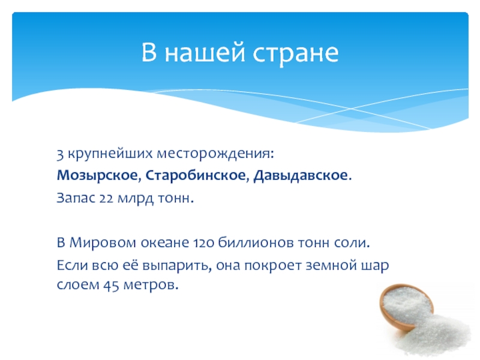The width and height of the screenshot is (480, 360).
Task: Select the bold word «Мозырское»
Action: tap(97, 176)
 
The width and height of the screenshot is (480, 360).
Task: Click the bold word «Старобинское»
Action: tap(196, 176)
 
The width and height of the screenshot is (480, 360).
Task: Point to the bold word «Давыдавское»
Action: tap(301, 176)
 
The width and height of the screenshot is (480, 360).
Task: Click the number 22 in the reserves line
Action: tap(107, 199)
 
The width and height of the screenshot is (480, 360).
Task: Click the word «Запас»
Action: tap(76, 199)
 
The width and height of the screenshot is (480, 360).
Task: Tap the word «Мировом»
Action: tap(103, 242)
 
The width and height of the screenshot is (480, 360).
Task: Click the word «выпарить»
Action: tap(177, 265)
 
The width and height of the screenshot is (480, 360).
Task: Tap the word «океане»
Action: tap(165, 243)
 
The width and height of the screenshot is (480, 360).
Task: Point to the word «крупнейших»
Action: tap(110, 154)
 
